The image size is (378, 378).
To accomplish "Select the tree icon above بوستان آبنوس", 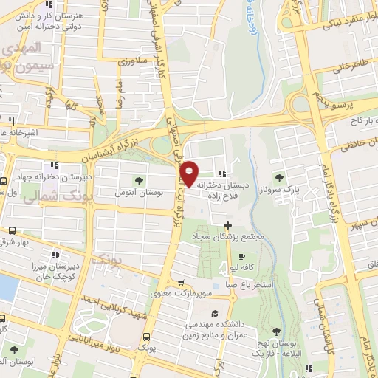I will point(139,179).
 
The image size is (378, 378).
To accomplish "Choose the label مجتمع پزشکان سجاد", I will point(227,238).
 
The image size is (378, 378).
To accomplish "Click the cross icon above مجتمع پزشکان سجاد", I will point(227,225).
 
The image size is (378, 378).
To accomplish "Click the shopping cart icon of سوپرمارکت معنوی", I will point(181,281).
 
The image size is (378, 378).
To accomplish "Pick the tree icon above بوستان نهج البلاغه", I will point(277,331).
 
